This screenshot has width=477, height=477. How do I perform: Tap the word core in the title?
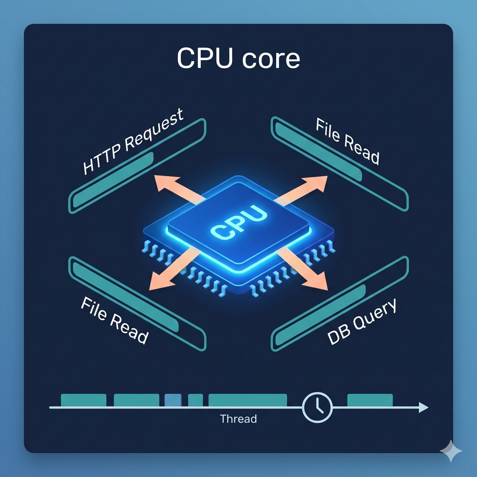pyautogui.click(x=272, y=59)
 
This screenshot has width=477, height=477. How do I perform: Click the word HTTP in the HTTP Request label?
pyautogui.click(x=103, y=159)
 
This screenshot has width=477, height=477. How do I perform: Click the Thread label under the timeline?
pyautogui.click(x=238, y=419)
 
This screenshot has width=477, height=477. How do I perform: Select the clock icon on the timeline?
pyautogui.click(x=317, y=407)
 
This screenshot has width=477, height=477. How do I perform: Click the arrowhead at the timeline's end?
pyautogui.click(x=423, y=407)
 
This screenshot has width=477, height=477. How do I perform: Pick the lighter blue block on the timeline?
pyautogui.click(x=173, y=400)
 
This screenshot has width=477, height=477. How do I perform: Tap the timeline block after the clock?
pyautogui.click(x=370, y=400)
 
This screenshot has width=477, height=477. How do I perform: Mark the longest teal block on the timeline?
pyautogui.click(x=248, y=400)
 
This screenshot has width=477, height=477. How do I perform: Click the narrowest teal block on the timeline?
pyautogui.click(x=195, y=400)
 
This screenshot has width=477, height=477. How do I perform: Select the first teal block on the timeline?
pyautogui.click(x=84, y=400)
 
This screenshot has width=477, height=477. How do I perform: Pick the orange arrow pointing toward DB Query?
pyautogui.click(x=302, y=268)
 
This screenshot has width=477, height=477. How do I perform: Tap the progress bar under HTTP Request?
pyautogui.click(x=137, y=166)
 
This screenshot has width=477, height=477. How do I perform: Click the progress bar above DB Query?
pyautogui.click(x=340, y=304)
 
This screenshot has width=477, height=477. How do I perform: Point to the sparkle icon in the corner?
pyautogui.click(x=451, y=450)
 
